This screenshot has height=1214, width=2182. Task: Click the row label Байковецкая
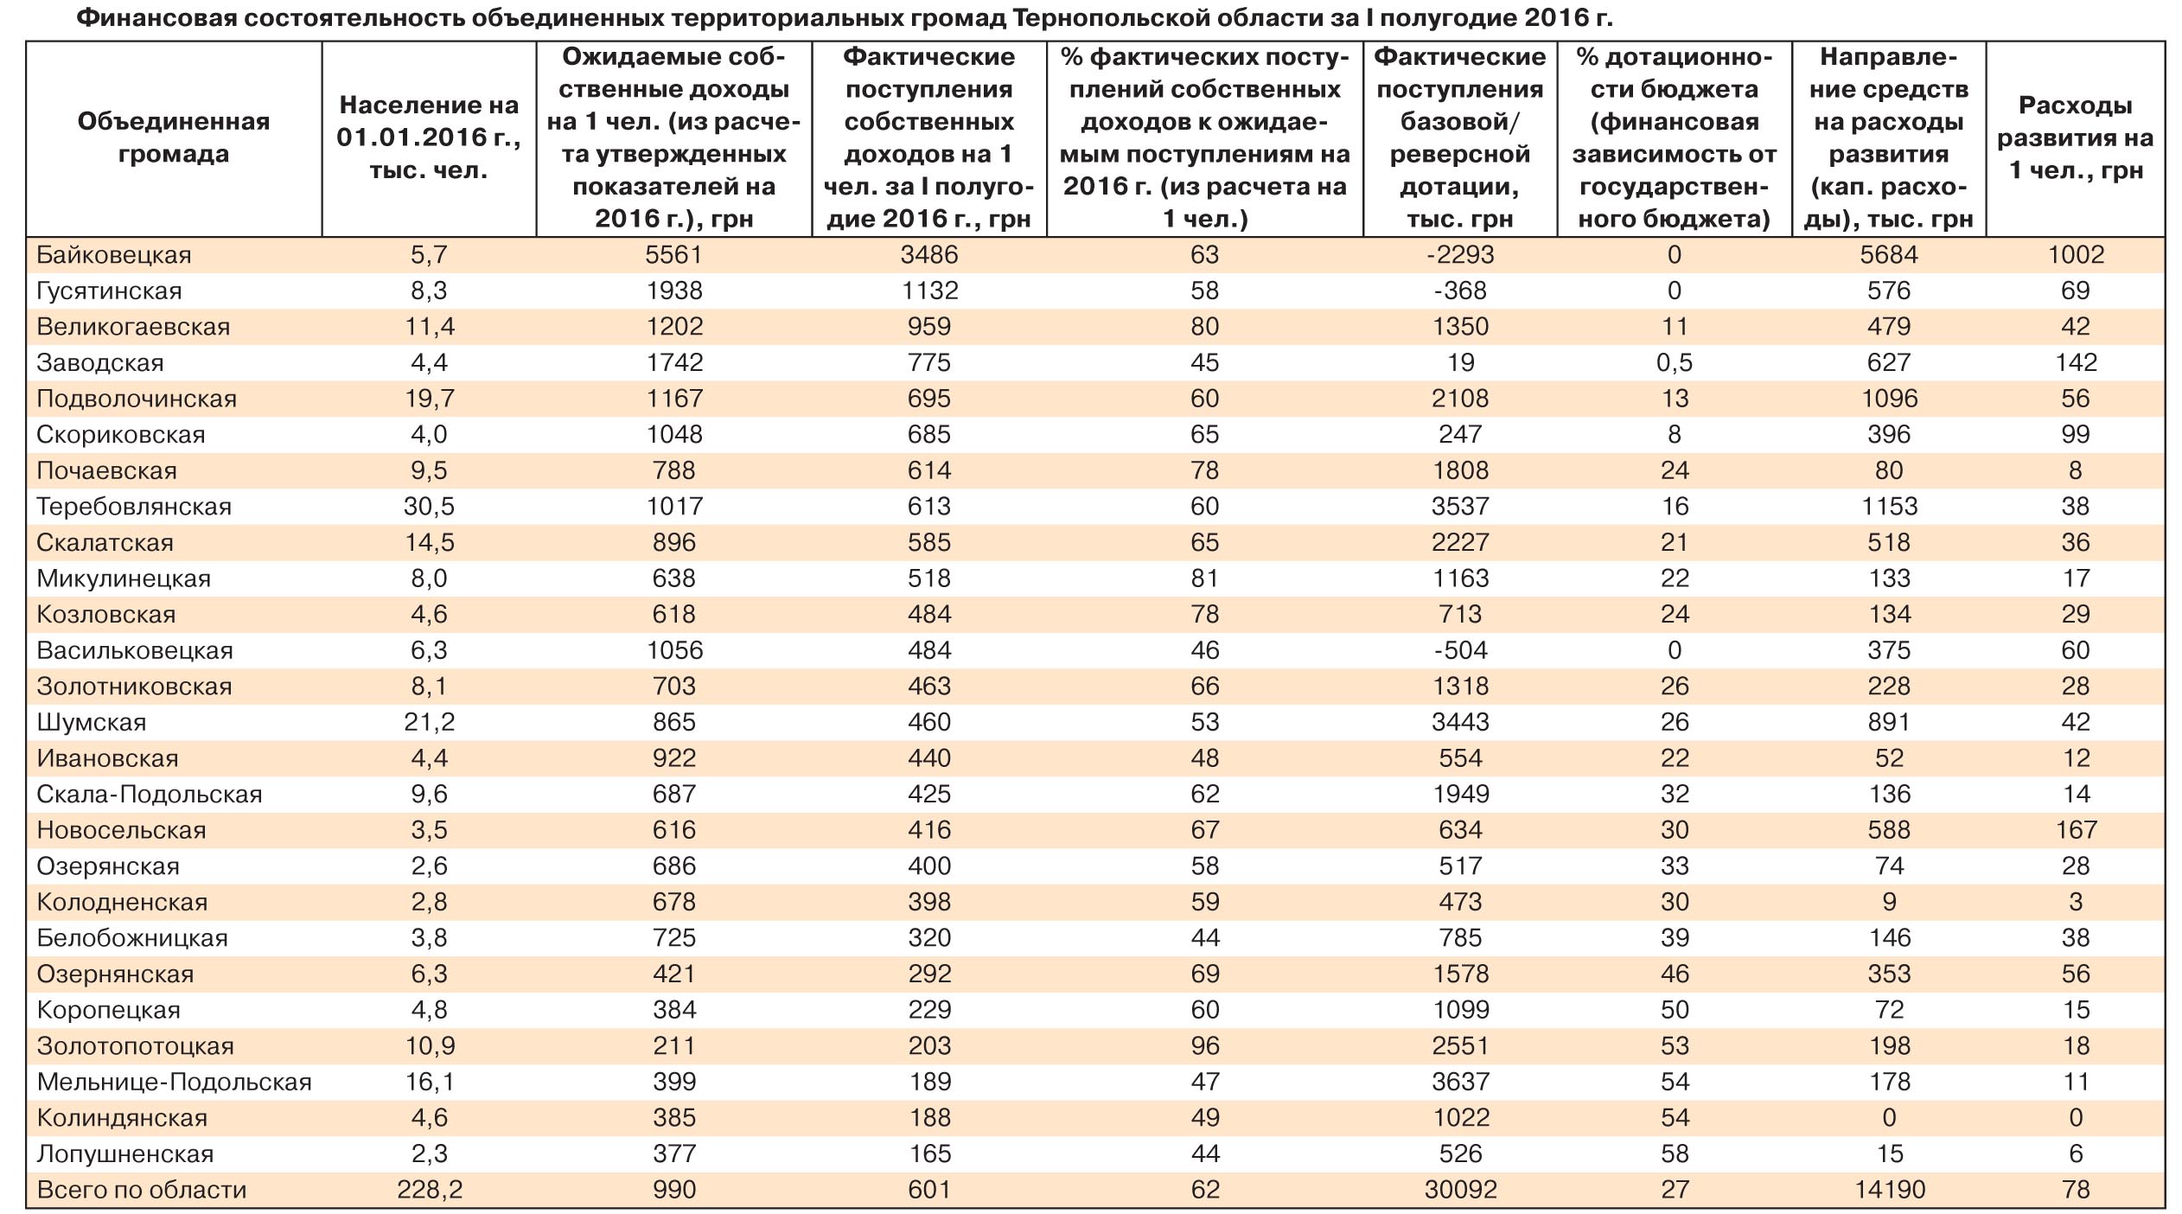point(113,255)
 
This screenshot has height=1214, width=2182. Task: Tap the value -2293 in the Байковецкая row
point(1459,255)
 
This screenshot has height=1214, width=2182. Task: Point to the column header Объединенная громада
point(174,137)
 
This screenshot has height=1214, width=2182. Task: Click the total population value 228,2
point(429,1190)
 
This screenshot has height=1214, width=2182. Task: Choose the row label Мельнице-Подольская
point(174,1082)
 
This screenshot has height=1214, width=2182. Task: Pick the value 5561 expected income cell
point(674,255)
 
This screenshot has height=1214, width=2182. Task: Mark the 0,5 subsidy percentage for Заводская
point(1674,363)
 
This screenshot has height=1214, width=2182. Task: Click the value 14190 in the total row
point(1889,1190)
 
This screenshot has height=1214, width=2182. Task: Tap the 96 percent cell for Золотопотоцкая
point(1204,1046)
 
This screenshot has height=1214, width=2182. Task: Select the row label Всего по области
point(142,1190)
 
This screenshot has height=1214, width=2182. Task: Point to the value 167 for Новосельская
point(2075,830)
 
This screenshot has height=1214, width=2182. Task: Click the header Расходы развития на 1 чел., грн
point(2075,137)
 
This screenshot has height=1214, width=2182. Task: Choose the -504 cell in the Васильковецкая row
point(1459,650)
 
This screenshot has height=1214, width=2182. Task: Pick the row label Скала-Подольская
point(149,794)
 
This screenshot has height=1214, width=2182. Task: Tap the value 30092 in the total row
point(1459,1190)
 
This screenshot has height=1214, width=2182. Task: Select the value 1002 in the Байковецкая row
point(2075,255)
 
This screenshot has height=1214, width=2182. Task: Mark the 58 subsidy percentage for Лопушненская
point(1674,1153)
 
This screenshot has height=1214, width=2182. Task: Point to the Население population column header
point(429,137)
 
